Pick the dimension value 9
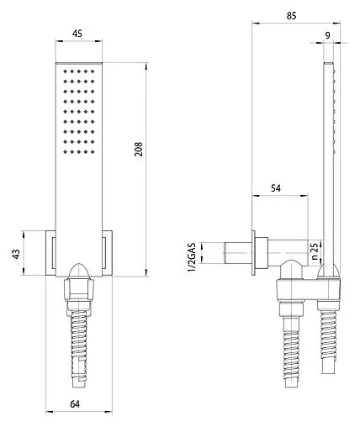tap(326, 35)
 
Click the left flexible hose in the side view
tap(292, 349)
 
